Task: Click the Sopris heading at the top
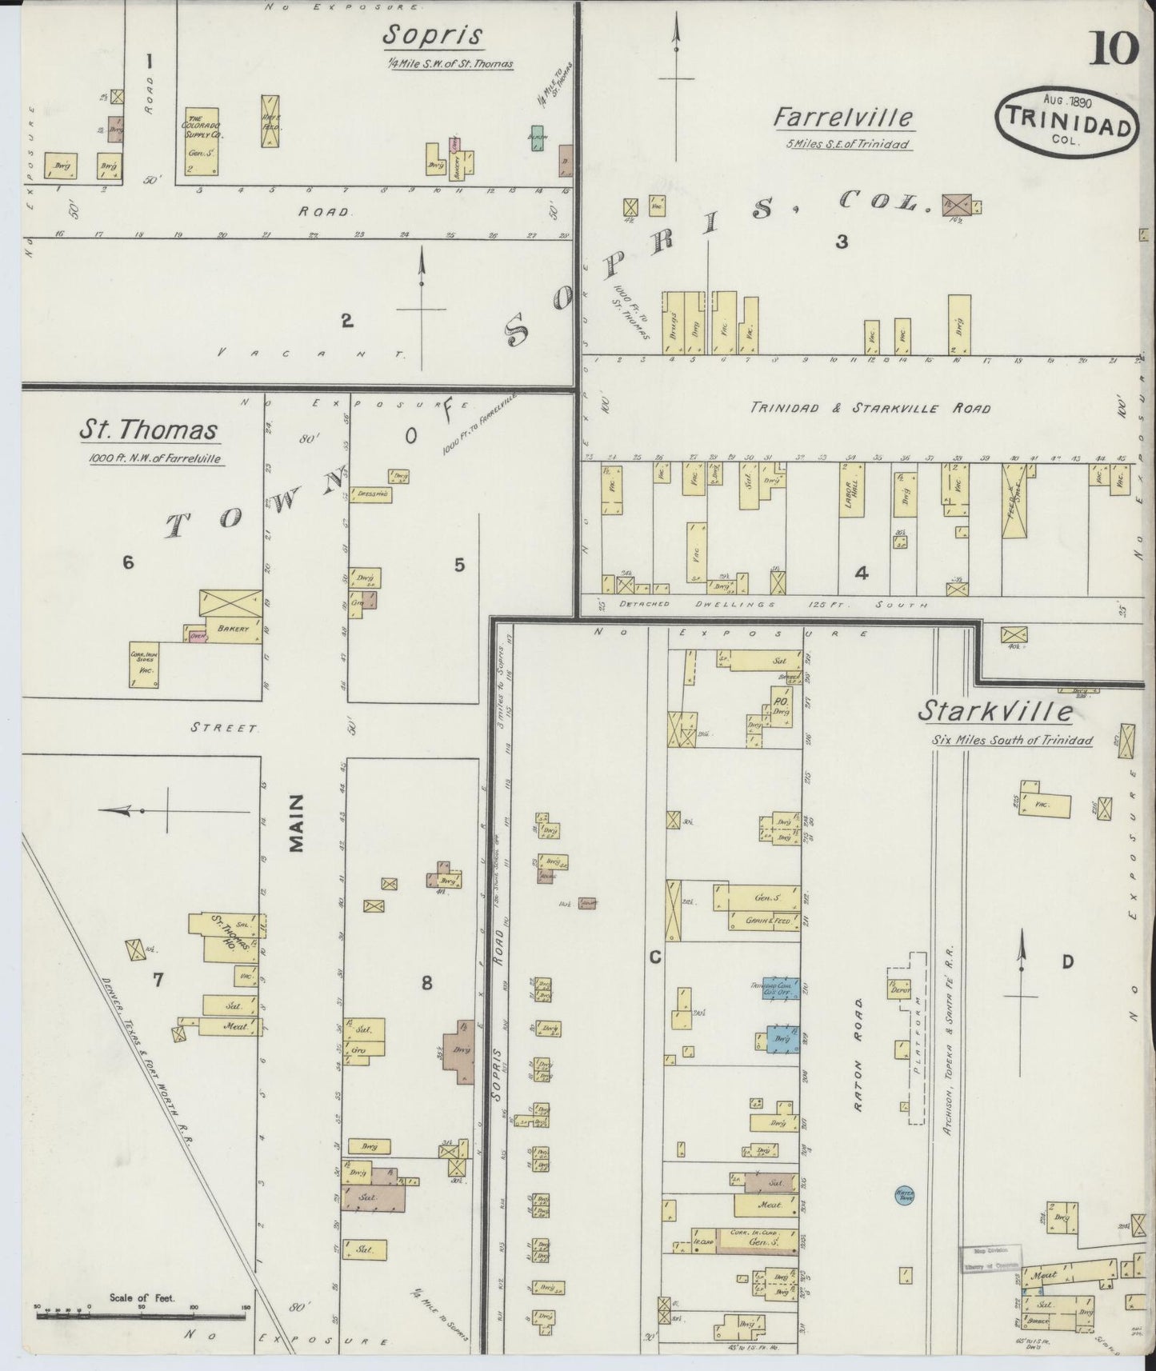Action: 433,36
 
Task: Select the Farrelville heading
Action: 842,118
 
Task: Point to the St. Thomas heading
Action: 148,430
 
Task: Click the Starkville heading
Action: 995,710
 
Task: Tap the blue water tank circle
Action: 905,1196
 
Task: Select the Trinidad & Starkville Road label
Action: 870,408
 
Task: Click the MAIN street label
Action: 296,823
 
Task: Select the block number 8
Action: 427,982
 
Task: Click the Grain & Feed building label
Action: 766,921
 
